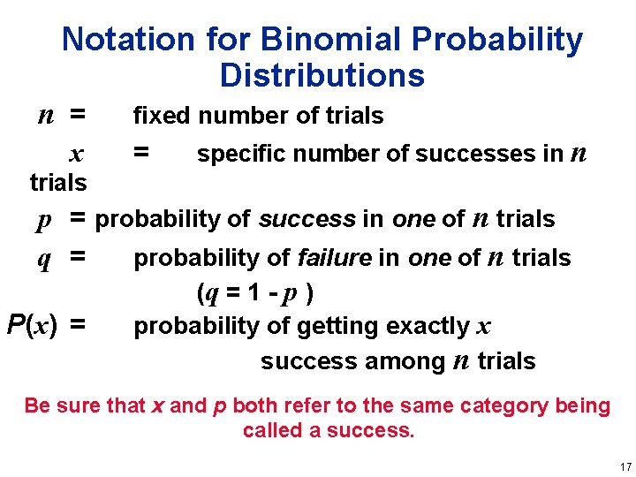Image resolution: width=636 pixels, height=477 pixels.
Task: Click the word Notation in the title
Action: coord(128,40)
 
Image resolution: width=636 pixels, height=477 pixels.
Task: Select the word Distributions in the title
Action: coord(322,76)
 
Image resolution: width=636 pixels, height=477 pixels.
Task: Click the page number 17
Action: coord(625,466)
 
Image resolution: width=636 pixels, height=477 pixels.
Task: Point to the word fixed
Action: coord(163,116)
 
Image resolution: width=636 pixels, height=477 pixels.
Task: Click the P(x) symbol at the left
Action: coord(32,326)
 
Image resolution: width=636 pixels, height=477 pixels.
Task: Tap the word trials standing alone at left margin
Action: coord(58,183)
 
